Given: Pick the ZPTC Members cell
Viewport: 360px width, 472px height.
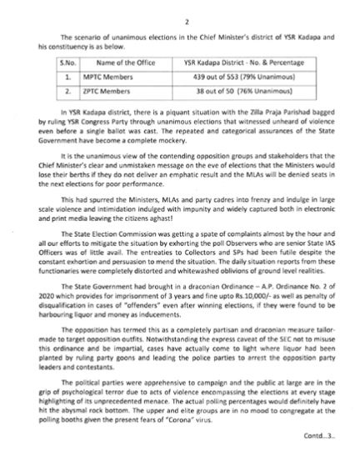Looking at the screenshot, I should click(x=97, y=90).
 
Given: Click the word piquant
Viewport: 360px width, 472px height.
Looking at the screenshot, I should click(x=176, y=109).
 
